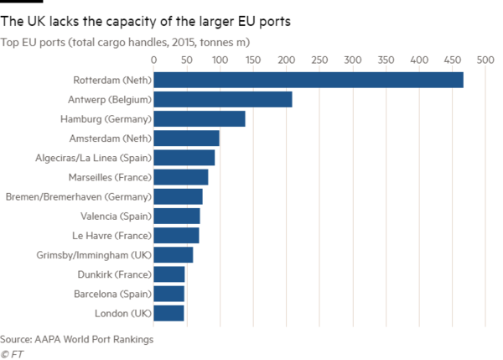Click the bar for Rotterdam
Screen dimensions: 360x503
[309, 80]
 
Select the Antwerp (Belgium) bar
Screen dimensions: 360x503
[223, 99]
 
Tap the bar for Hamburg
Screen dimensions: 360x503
[200, 118]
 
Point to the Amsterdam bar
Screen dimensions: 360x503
[186, 138]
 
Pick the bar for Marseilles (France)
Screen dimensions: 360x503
[181, 176]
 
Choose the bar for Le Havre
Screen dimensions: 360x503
[177, 235]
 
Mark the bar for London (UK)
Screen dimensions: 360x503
[169, 312]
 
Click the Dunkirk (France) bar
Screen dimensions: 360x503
[169, 274]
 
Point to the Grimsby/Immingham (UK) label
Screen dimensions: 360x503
[93, 254]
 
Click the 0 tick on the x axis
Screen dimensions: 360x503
[153, 60]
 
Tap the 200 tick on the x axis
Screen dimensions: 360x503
[286, 60]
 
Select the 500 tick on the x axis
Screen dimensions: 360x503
[485, 60]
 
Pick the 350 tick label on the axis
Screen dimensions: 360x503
[386, 60]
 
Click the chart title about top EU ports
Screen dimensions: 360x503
[125, 40]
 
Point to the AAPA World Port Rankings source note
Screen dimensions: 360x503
[77, 339]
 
